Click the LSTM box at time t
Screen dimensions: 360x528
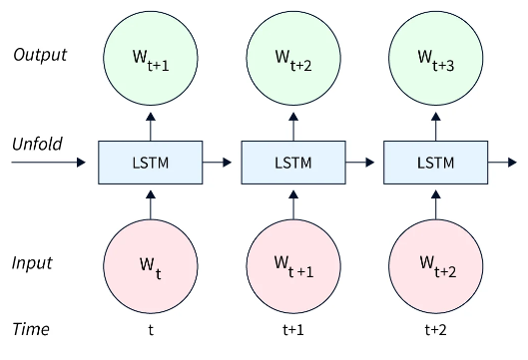(150, 162)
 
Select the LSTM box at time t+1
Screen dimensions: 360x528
(292, 162)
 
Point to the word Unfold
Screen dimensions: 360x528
(37, 144)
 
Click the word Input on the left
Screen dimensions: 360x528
(32, 263)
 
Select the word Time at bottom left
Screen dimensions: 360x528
(30, 329)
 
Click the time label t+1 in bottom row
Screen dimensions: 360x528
(292, 329)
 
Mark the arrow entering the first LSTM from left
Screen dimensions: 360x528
(50, 162)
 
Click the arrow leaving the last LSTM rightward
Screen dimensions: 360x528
(502, 162)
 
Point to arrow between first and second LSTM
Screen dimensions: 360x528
(221, 162)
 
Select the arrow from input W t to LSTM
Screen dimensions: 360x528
(150, 205)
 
